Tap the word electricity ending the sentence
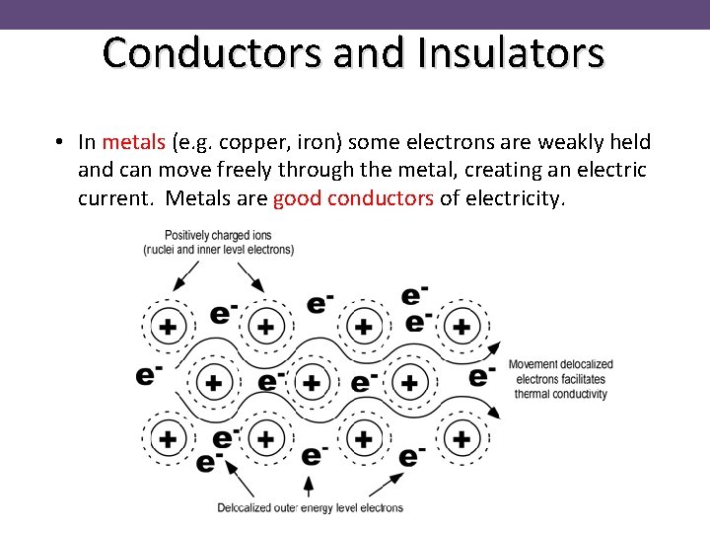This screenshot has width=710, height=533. click(515, 198)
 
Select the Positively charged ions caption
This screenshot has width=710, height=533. click(218, 243)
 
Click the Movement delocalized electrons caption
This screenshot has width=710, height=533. click(560, 379)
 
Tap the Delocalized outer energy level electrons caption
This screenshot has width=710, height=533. click(310, 508)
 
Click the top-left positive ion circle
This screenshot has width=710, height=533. click(168, 327)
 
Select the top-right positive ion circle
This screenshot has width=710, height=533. click(461, 327)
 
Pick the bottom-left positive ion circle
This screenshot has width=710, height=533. click(168, 438)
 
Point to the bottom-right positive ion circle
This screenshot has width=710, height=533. click(461, 438)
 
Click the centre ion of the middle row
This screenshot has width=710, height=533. click(312, 383)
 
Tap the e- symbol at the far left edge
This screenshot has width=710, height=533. click(149, 375)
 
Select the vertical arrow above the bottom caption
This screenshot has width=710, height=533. click(310, 486)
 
